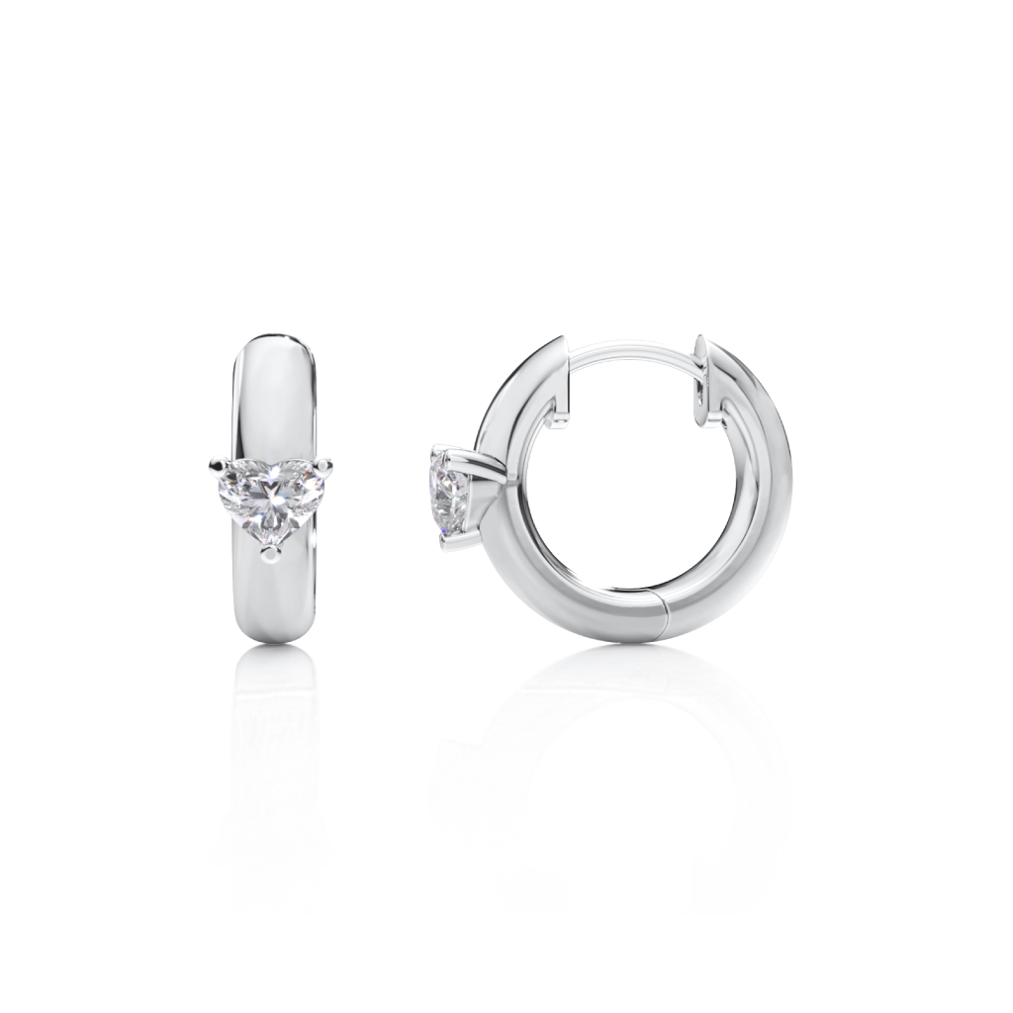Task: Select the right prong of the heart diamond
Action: click(324, 461)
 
